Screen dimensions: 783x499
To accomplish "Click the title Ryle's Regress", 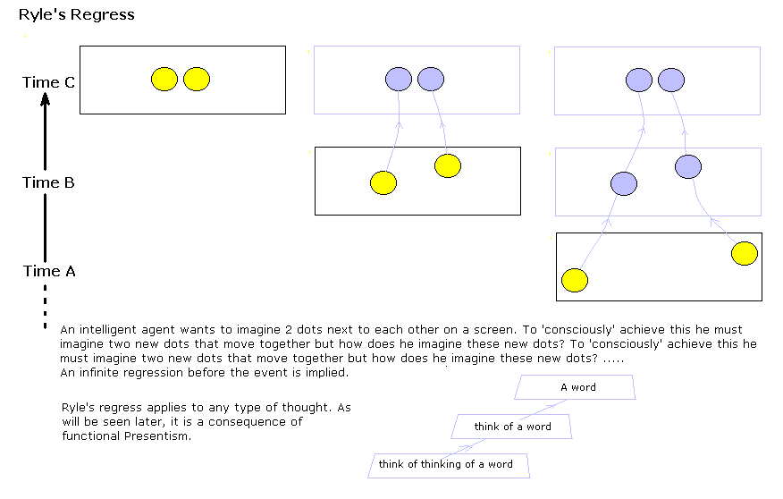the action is tap(76, 14).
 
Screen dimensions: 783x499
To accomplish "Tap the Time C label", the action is tap(48, 82).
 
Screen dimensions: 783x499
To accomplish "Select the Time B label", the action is tap(48, 182).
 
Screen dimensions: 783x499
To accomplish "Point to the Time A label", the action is tap(49, 271).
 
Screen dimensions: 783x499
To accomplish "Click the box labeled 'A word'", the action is tap(575, 387).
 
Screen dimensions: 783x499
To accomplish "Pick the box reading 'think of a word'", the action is tap(511, 427).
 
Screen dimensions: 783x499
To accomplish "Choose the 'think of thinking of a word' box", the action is tap(449, 466).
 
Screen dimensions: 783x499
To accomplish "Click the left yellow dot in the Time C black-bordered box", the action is tap(164, 79).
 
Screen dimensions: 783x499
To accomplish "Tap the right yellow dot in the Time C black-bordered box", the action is tap(197, 79).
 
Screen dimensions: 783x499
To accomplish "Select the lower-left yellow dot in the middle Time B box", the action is tap(383, 182).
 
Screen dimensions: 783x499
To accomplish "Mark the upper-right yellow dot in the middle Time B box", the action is tap(448, 165).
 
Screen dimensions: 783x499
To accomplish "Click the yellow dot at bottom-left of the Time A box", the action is tap(575, 280).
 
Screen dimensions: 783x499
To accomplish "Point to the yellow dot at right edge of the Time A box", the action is tap(745, 253).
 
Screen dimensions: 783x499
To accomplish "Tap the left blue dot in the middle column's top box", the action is tap(399, 79).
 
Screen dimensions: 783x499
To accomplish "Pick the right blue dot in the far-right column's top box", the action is tap(671, 80).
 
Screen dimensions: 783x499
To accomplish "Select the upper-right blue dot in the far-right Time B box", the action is tap(688, 167).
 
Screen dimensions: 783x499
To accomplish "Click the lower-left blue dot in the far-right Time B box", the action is tap(624, 184).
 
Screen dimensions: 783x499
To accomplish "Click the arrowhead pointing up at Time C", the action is tap(45, 99).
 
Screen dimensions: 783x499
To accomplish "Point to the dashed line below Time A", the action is tap(45, 307).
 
